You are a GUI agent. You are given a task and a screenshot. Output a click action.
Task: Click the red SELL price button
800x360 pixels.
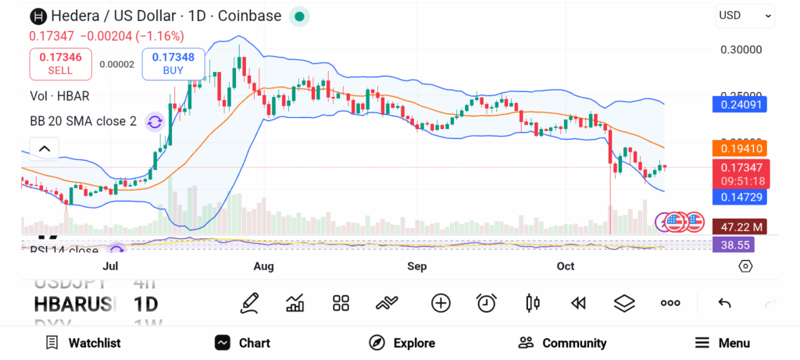coord(60,63)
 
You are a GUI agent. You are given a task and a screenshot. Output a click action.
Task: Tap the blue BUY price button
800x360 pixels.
coord(173,63)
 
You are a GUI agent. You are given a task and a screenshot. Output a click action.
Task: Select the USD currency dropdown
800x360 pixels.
coord(745,15)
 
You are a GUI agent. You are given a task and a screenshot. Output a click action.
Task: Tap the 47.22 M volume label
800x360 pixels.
coord(739,226)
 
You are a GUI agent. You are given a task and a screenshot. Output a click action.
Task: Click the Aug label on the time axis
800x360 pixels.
coord(264,266)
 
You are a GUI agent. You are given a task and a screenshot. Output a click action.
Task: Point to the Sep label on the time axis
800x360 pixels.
coord(416,266)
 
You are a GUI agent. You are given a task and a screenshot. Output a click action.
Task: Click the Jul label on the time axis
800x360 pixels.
coord(110,266)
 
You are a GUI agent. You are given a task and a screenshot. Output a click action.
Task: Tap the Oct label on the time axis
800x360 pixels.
coord(565,266)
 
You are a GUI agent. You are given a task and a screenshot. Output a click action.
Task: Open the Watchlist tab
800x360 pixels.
coord(83,343)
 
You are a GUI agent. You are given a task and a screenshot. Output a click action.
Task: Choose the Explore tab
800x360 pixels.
coord(402,343)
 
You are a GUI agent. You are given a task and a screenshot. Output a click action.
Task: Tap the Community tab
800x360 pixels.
coord(562,343)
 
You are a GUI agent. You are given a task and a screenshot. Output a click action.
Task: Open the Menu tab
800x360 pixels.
coord(722,343)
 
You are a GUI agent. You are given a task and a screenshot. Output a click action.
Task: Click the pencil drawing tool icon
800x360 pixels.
coord(250,303)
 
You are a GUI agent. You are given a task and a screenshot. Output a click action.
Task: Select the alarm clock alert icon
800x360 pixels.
coord(487,303)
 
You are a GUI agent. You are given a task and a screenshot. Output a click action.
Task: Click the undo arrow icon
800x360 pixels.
coord(724,303)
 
